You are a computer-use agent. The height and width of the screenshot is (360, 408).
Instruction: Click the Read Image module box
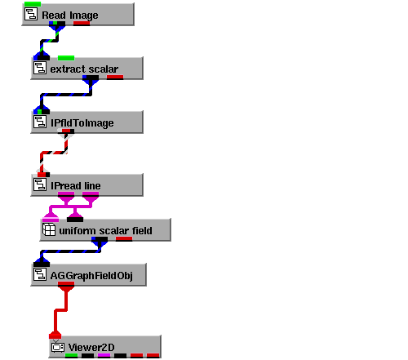coord(78,15)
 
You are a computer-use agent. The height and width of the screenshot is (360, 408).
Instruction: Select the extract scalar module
coord(86,69)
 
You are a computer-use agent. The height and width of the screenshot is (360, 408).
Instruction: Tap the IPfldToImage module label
coord(82,123)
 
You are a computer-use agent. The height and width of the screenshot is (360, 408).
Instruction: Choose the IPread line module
coord(86,185)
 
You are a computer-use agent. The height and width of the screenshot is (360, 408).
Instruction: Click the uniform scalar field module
coord(105,230)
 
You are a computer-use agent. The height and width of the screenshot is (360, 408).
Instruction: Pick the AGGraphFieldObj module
coord(89,275)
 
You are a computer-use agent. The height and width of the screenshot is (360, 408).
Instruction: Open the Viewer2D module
coord(105,347)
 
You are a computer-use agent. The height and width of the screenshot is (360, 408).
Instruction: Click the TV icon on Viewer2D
coord(58,346)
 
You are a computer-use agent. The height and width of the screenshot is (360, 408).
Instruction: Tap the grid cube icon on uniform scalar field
coord(49,229)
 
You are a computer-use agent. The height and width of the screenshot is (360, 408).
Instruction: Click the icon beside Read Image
coord(31,14)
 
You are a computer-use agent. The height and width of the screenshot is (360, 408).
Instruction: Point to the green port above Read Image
coord(33,4)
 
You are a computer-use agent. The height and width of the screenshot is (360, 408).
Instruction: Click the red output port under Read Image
coord(82,24)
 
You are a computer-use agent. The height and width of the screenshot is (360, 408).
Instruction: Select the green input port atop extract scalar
coord(66,58)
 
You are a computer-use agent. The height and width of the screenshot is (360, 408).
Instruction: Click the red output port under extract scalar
coord(115,78)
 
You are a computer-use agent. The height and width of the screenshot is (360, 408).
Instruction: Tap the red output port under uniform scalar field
coord(124,239)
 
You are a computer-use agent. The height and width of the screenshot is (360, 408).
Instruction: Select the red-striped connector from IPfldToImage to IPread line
coord(54,153)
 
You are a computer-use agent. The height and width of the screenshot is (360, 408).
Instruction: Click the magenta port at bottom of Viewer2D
coord(104,355)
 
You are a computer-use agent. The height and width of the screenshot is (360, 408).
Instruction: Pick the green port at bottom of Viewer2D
coord(72,355)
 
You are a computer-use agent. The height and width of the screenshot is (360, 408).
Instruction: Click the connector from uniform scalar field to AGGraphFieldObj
coord(70,251)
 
